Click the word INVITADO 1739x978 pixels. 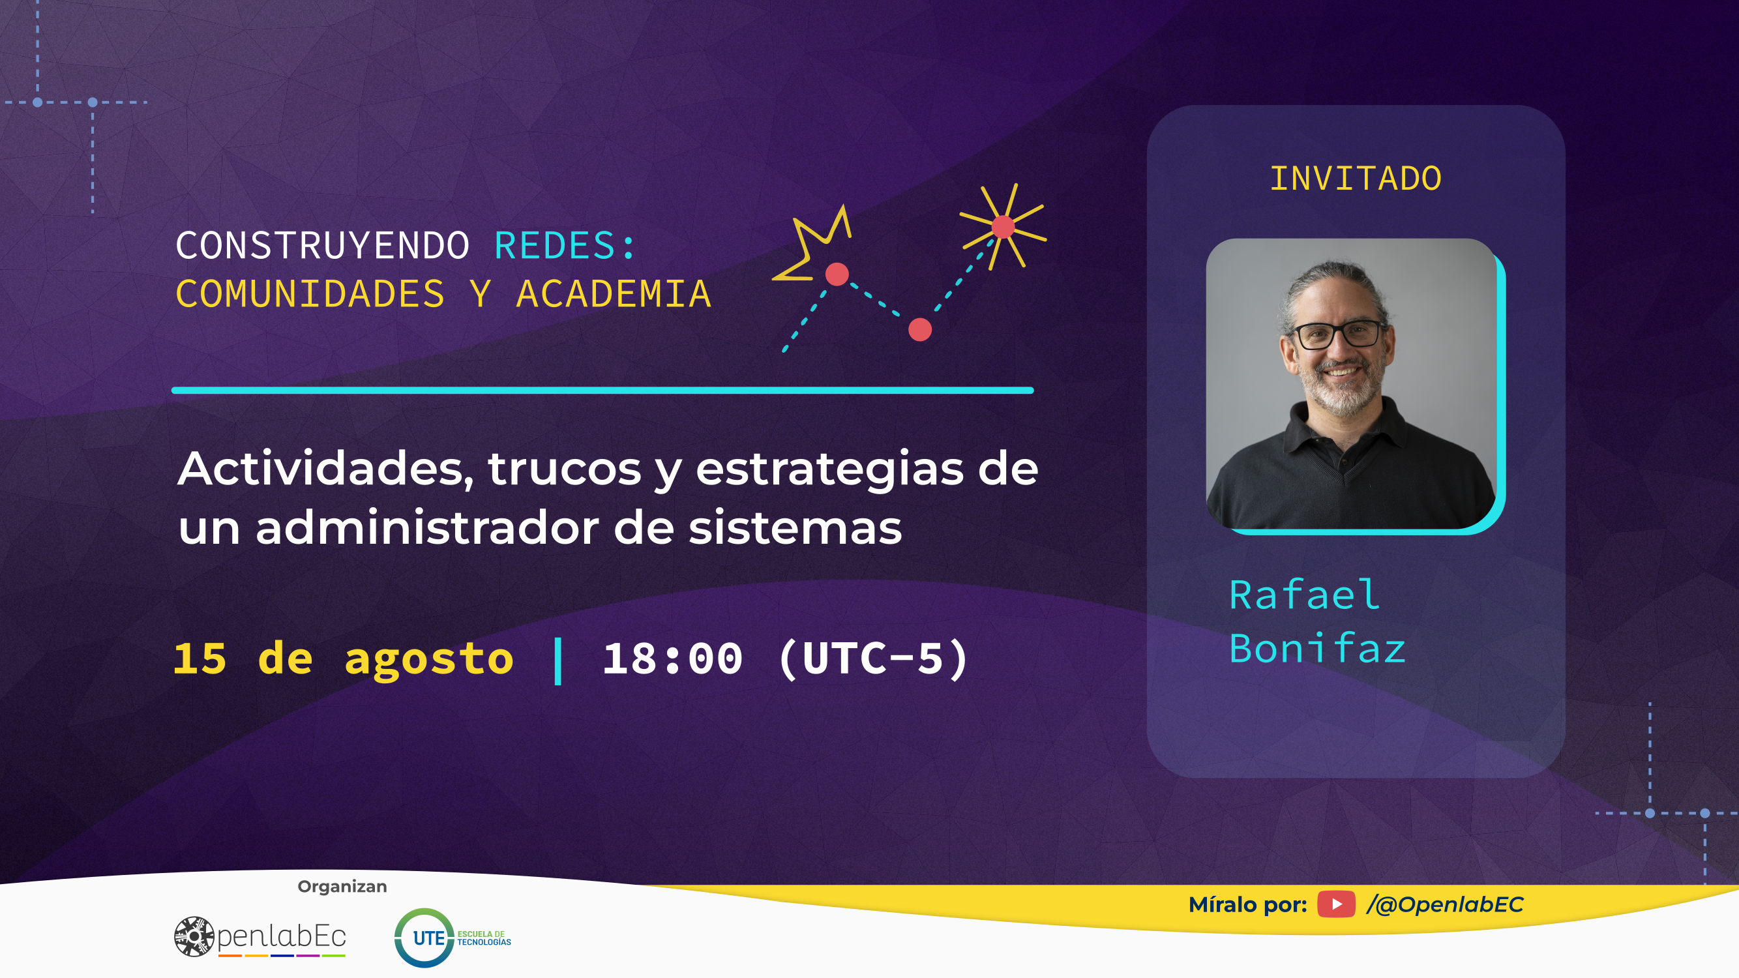(x=1356, y=179)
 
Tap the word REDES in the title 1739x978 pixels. (x=555, y=245)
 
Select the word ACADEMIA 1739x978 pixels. (x=614, y=294)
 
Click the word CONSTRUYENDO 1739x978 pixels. (x=323, y=245)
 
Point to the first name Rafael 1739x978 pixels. (x=1304, y=595)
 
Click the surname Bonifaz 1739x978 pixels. (x=1317, y=649)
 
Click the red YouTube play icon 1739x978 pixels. (x=1336, y=904)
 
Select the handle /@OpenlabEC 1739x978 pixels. (x=1446, y=904)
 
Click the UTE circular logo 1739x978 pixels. (x=424, y=938)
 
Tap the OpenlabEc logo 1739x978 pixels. (x=260, y=937)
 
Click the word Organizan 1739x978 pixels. (x=342, y=887)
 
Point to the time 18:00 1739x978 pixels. (x=672, y=658)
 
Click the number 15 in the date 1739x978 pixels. (x=200, y=658)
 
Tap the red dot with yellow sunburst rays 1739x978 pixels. (x=1003, y=227)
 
